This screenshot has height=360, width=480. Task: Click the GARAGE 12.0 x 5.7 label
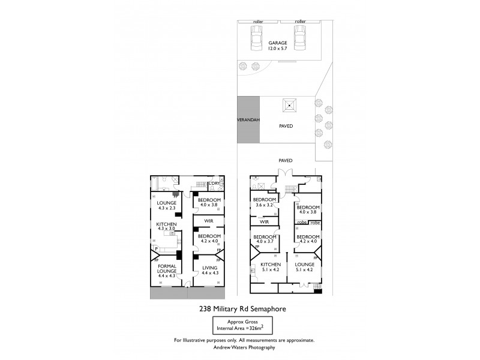tap(277, 46)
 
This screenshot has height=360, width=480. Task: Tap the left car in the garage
tap(256, 40)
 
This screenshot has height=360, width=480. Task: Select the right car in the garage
tap(299, 40)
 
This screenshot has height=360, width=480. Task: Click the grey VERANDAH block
tap(248, 120)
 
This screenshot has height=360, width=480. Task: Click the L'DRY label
tap(214, 184)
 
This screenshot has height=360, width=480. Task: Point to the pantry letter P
tap(156, 248)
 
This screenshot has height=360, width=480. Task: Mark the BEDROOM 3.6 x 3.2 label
tap(264, 202)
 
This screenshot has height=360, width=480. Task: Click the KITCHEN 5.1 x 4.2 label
tap(271, 267)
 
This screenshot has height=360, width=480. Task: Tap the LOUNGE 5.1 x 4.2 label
tap(305, 267)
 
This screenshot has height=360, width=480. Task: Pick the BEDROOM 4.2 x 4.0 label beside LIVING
tap(210, 239)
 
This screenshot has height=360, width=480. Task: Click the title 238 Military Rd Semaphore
tap(242, 310)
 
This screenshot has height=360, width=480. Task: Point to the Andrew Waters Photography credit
tap(243, 347)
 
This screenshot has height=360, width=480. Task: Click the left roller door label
tap(258, 22)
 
